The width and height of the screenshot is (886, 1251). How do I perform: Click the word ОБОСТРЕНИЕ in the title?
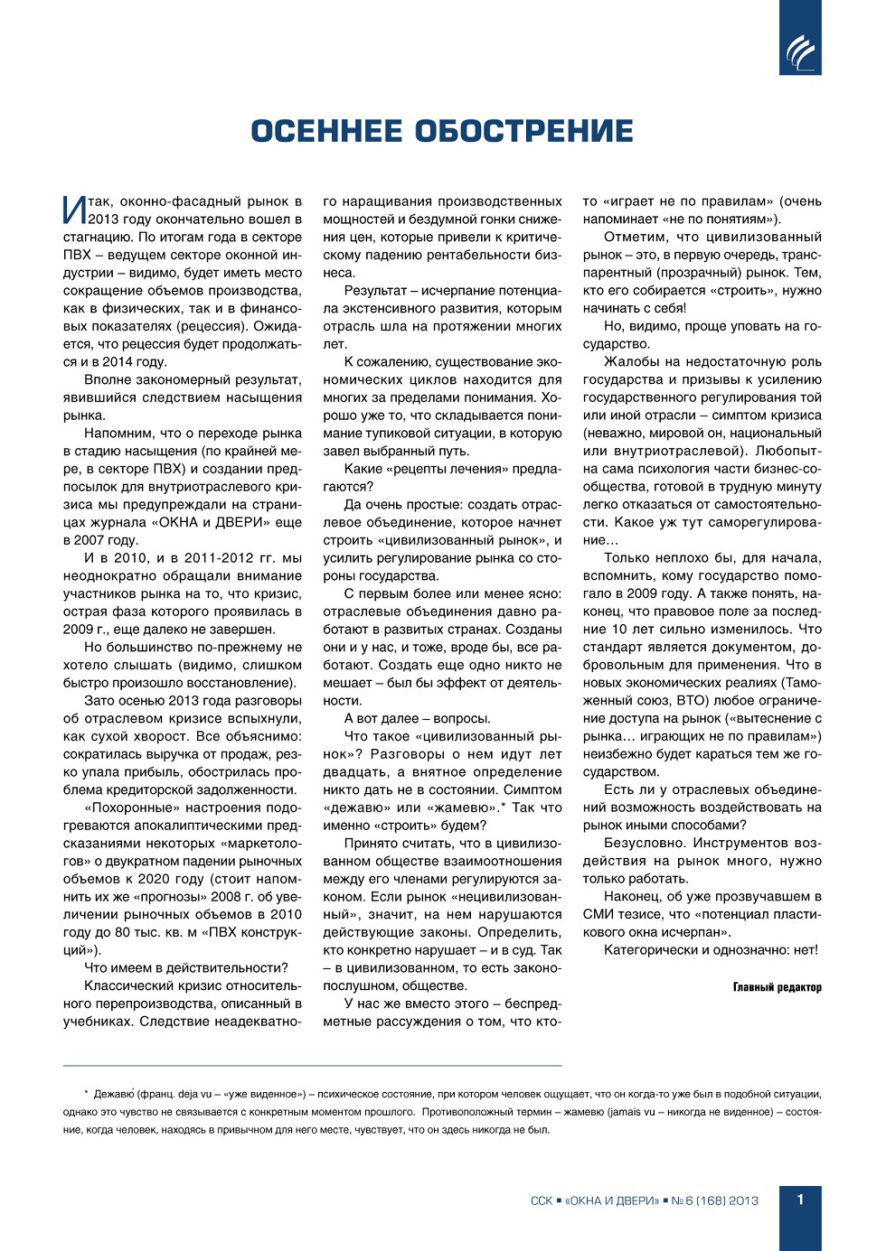524,131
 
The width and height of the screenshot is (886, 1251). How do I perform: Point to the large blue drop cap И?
74,210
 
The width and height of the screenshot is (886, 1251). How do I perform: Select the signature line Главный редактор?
777,987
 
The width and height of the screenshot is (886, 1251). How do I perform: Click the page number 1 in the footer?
800,1200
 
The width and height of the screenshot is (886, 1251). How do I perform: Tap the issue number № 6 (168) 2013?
714,1200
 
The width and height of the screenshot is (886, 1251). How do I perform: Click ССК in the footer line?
541,1200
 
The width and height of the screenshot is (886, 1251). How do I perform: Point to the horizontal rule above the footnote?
312,1065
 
